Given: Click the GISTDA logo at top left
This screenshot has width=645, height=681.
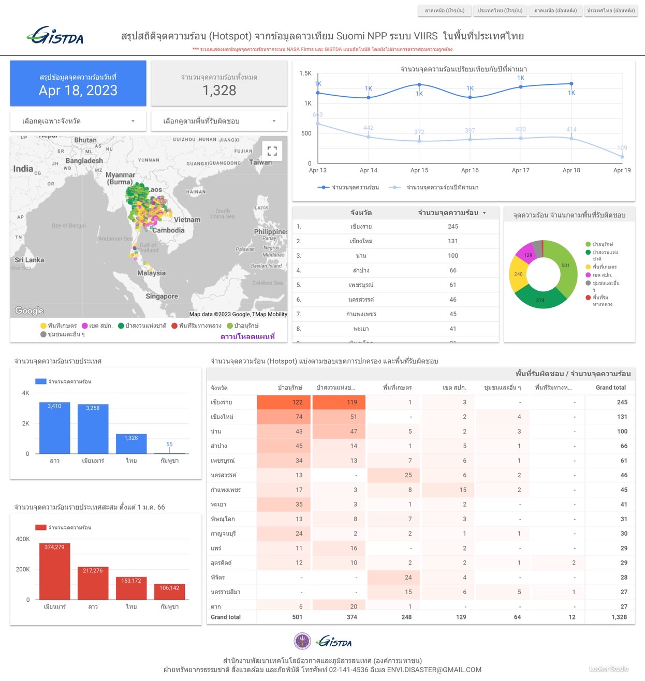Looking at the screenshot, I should click(x=55, y=36).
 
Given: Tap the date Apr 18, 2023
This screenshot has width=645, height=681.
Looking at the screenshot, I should click(x=78, y=91).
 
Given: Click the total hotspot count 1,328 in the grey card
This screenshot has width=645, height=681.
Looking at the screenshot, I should click(x=219, y=91).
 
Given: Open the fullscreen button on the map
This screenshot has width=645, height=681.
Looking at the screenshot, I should click(x=272, y=151).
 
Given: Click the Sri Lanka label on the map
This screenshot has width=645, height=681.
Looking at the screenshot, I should click(x=30, y=260).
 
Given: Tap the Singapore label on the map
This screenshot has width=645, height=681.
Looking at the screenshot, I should click(x=162, y=296).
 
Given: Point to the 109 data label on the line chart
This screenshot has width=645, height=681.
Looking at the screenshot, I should click(x=622, y=148).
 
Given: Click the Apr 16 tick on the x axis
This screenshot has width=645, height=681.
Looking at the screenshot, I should click(x=470, y=170).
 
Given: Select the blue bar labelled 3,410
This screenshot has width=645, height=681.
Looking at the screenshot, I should click(x=54, y=428).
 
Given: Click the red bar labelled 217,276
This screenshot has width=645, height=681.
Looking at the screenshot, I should click(x=93, y=583).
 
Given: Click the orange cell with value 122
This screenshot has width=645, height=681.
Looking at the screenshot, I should click(x=284, y=402).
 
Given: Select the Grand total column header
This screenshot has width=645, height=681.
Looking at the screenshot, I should click(x=610, y=388).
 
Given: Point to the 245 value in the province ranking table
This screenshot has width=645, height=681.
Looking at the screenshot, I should click(x=453, y=227).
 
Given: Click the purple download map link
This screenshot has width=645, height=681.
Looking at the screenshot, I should click(x=247, y=336).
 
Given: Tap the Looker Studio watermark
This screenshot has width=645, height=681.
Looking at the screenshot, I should click(x=609, y=669).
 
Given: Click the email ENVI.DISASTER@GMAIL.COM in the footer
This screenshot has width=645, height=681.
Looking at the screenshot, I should click(x=434, y=670).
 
